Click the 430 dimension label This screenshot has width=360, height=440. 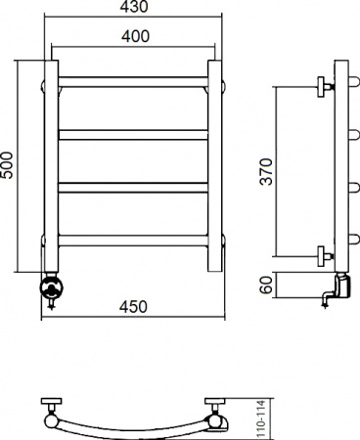tap(134, 8)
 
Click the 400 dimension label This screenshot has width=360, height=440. tap(134, 36)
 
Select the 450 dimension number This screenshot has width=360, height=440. tap(134, 308)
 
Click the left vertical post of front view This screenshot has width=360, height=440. tap(52, 166)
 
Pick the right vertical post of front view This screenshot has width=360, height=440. tap(216, 166)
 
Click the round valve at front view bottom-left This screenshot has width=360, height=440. tap(51, 287)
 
